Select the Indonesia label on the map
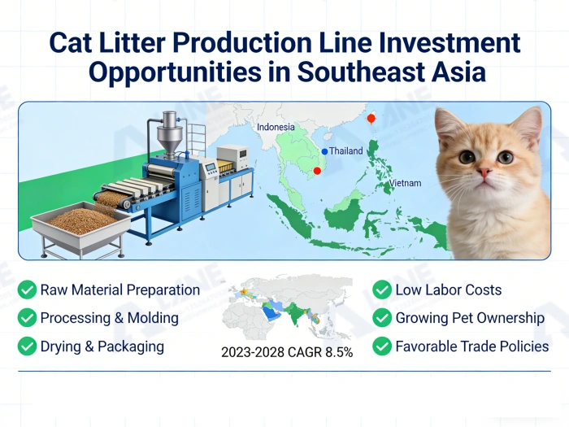coord(276,127)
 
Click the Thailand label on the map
coord(346,151)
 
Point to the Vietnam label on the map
coord(405,183)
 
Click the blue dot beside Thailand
coord(324,151)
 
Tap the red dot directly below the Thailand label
coord(317,171)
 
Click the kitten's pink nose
coord(484,172)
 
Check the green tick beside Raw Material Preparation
coord(28,290)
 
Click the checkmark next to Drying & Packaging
coord(28,346)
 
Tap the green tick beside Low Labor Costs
coord(382,290)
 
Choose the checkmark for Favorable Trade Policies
coord(382,346)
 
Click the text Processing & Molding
coord(109,318)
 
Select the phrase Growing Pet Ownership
coord(470,318)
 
